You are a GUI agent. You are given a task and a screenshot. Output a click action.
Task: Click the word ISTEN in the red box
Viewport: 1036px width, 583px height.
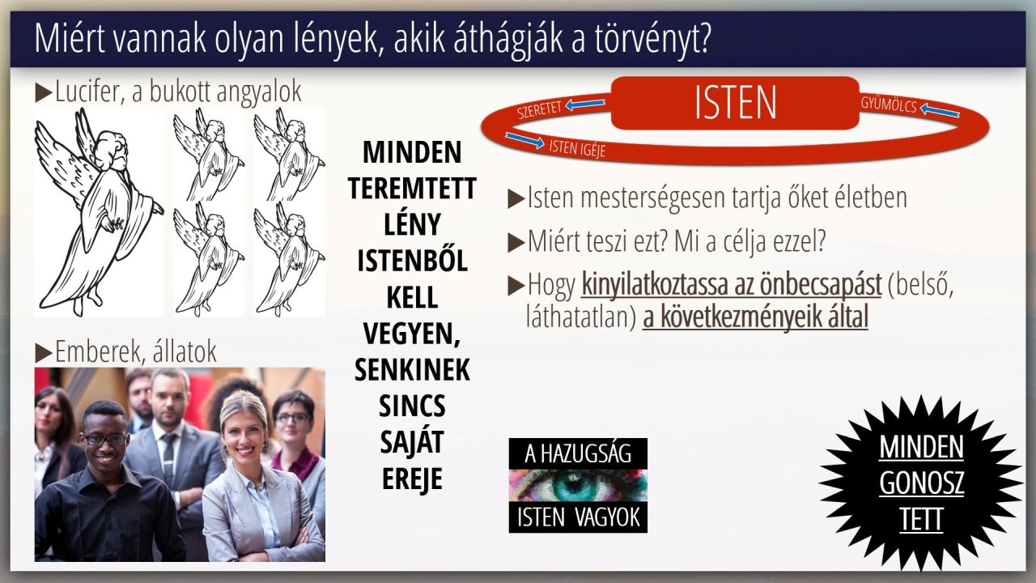(736, 103)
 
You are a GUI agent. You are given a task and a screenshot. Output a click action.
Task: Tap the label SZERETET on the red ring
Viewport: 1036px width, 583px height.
(539, 109)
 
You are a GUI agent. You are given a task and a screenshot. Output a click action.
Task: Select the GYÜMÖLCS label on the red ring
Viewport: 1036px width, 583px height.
(889, 105)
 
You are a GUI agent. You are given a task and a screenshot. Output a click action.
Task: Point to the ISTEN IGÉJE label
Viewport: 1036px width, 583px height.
(577, 149)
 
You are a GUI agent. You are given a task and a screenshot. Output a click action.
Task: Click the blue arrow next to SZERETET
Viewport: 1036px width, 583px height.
(585, 104)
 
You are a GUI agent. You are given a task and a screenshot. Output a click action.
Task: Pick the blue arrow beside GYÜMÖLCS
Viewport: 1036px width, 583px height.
(940, 111)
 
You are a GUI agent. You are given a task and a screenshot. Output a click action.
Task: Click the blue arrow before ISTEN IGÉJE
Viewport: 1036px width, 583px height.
(525, 140)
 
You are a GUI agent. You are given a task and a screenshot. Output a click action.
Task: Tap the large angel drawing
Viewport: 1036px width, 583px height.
(99, 212)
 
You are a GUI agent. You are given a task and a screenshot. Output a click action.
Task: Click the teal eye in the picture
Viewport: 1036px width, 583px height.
(577, 486)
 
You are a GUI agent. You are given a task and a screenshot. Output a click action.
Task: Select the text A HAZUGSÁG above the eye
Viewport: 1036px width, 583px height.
(578, 453)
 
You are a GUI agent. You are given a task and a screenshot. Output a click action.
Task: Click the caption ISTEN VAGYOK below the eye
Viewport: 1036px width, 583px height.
(578, 517)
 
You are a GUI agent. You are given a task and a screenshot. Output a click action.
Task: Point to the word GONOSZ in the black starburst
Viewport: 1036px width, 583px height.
(921, 483)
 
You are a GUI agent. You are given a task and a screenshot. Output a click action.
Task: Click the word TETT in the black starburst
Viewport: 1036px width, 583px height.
(921, 520)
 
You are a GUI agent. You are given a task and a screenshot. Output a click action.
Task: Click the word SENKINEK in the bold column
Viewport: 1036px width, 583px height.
(412, 369)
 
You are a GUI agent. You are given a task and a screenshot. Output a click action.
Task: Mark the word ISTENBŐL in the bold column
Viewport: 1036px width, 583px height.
(412, 260)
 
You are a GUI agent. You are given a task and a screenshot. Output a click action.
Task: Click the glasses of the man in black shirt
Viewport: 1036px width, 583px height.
(104, 440)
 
